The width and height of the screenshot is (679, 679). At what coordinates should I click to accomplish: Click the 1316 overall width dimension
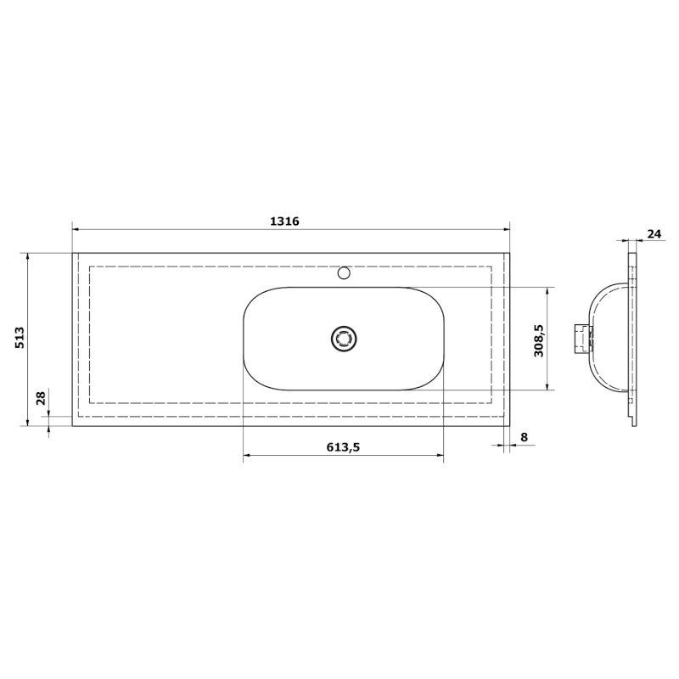285,221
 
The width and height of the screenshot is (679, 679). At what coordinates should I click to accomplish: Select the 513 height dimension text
20,339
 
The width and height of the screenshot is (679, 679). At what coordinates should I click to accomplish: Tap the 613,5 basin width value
343,447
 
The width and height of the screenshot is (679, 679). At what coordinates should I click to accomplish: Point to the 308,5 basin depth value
538,339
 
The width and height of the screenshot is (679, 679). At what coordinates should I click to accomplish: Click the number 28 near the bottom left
39,399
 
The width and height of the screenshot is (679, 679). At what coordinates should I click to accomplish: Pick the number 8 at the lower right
524,437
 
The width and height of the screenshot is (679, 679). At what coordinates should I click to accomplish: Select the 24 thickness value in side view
654,233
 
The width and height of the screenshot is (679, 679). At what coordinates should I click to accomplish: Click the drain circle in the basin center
345,339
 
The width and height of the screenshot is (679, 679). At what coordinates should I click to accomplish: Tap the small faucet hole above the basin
344,273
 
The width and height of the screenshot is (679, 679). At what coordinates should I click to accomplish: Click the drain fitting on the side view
582,338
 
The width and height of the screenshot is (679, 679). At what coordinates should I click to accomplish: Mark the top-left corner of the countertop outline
73,253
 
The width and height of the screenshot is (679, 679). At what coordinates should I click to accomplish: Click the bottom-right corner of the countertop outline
509,425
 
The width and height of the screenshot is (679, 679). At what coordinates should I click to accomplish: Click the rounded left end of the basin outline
244,339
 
